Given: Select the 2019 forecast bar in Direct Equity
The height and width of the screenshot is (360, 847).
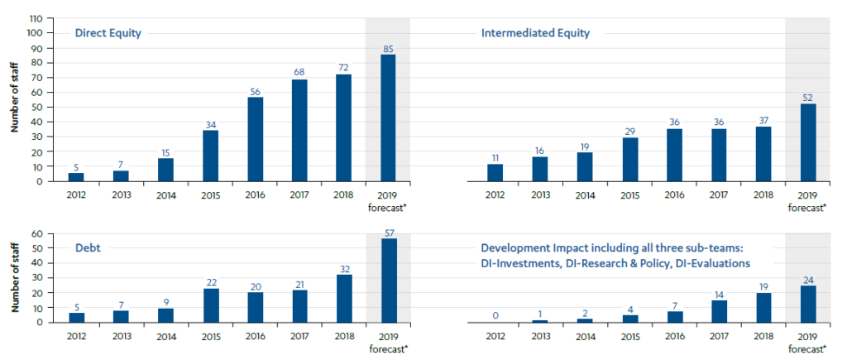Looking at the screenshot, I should point(388,118).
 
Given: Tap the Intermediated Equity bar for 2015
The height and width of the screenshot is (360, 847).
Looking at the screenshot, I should point(630,159).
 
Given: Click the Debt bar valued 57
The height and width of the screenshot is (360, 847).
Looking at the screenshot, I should point(388,280).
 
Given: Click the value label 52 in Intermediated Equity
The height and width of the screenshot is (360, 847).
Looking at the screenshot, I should point(806,96).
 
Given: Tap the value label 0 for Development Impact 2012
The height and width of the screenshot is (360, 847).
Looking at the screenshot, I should point(495,314).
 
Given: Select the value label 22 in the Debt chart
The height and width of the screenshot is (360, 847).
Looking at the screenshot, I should point(211,281).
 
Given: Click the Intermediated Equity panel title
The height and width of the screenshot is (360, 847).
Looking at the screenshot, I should point(535,33).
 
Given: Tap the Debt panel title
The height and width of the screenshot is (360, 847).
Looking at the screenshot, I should point(89,248).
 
